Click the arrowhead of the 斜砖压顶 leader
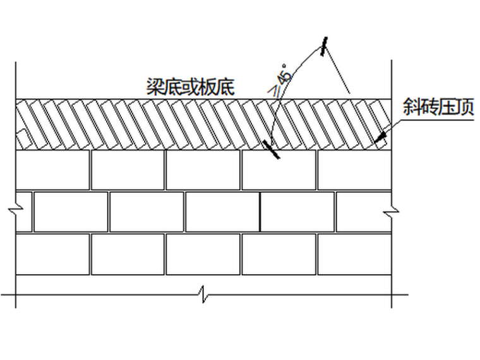378,138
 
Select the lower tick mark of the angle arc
270,149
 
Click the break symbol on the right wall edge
392,210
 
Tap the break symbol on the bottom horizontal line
202,294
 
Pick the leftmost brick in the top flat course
52,169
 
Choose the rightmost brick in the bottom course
354,254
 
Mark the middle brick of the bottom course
203,254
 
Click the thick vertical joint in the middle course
260,212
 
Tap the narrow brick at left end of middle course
24,212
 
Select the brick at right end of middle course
363,212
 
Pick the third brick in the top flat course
203,169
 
